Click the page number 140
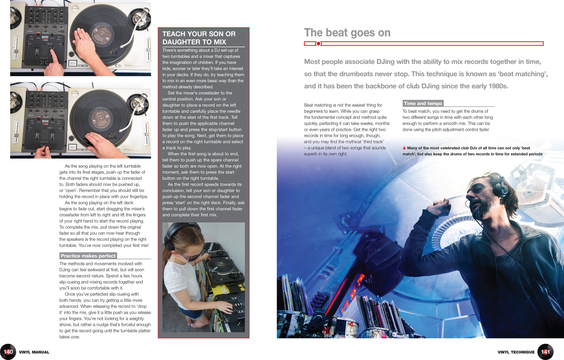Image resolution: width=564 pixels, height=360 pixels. point(8,352)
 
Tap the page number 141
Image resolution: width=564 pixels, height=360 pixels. point(545,352)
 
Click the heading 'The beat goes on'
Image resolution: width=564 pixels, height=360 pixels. point(347,33)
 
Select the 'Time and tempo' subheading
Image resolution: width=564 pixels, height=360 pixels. point(423,103)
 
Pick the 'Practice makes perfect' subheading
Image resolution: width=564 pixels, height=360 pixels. point(88,256)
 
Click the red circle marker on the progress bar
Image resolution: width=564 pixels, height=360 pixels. point(318,44)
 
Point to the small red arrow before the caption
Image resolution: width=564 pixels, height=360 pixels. point(404,148)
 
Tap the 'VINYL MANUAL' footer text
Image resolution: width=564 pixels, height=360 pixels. point(34,352)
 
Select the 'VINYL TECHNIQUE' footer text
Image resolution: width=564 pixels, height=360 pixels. point(516,352)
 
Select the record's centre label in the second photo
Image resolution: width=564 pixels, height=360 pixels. point(101,119)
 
